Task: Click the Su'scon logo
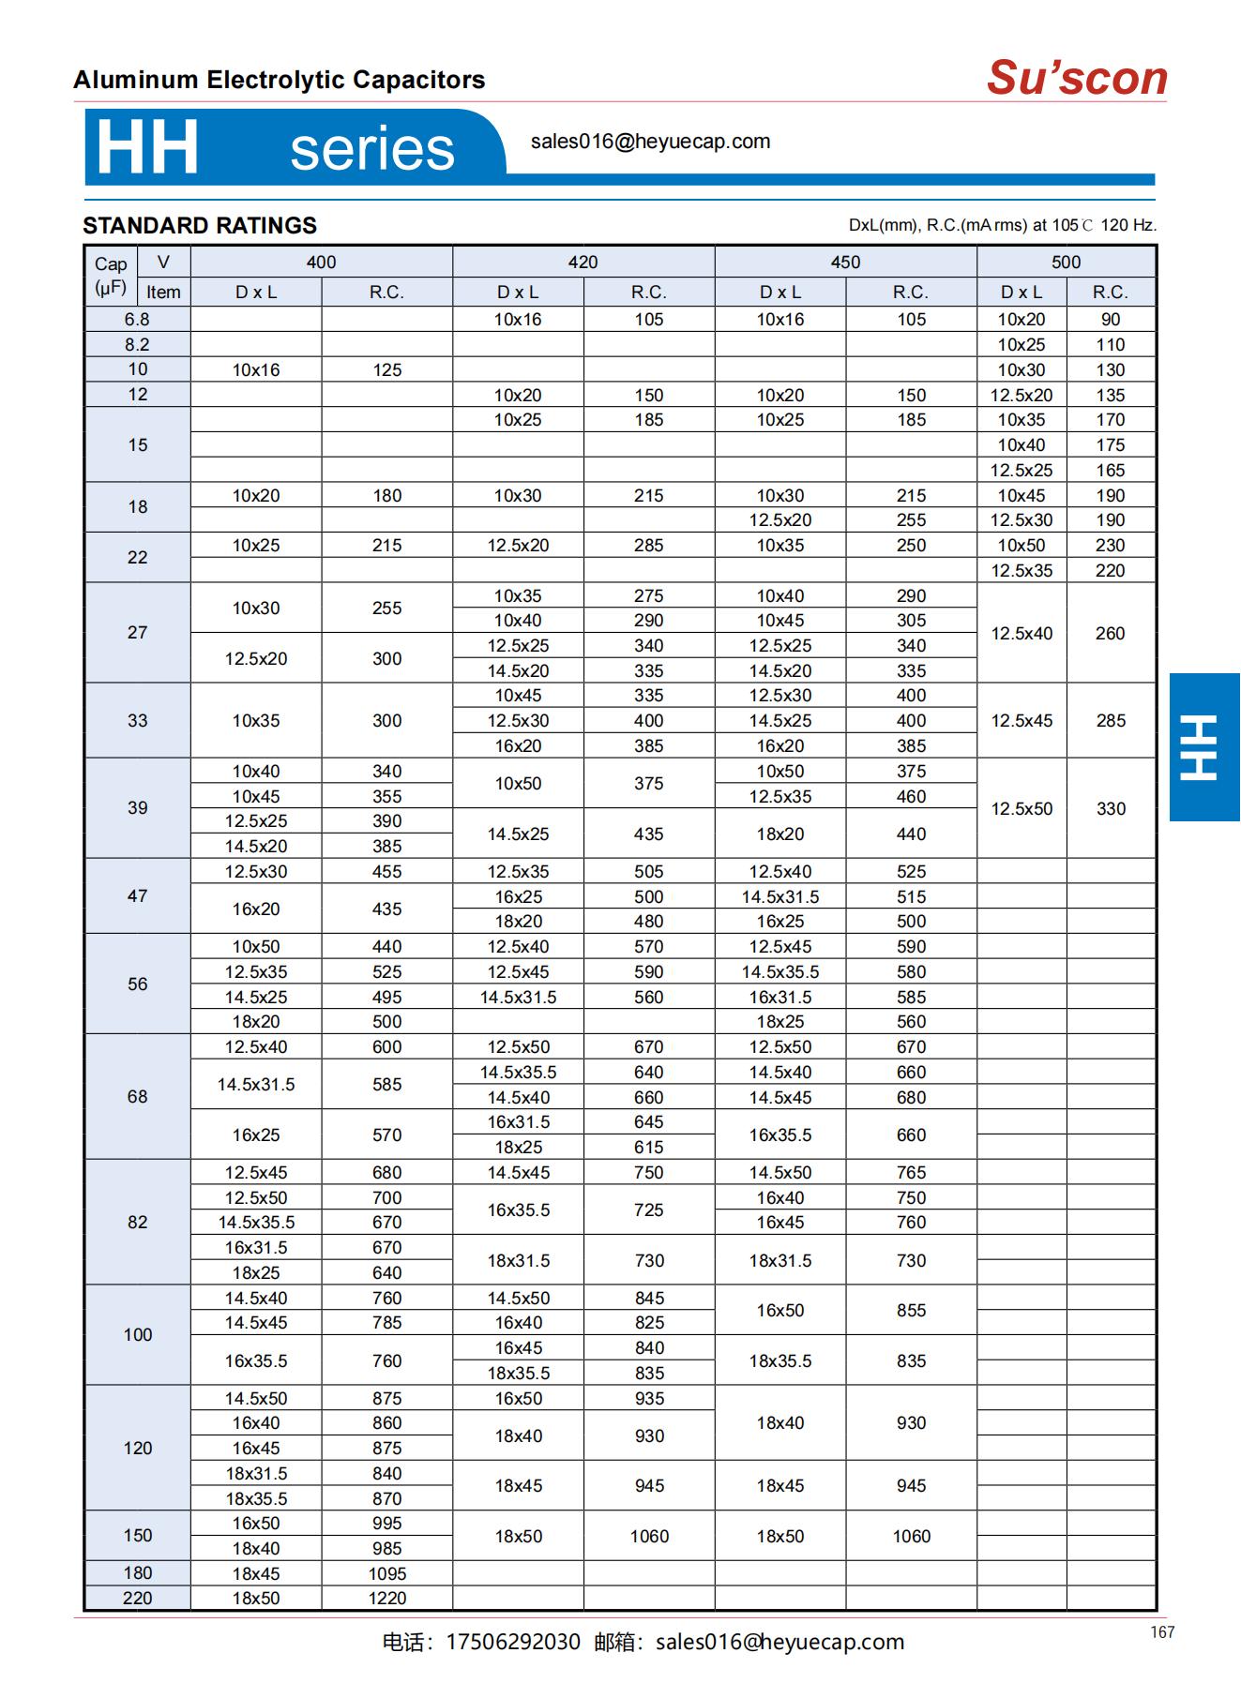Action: click(1076, 78)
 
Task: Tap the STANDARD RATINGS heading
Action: click(200, 226)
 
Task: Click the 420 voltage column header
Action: click(583, 263)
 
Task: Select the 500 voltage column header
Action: click(1066, 263)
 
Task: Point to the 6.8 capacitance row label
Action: click(137, 320)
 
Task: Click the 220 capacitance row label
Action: click(137, 1598)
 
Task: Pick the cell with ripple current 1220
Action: click(386, 1598)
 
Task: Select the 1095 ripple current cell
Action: click(386, 1573)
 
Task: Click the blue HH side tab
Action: click(1203, 746)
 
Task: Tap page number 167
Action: click(1162, 1632)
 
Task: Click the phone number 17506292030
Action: click(512, 1642)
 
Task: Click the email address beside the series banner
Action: click(650, 142)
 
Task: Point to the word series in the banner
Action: click(371, 149)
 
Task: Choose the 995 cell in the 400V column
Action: click(386, 1523)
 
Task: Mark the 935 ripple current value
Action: click(648, 1398)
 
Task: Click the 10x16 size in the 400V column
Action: click(256, 369)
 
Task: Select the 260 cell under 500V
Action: click(1110, 633)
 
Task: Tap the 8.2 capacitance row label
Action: click(137, 344)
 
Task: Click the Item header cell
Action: click(163, 292)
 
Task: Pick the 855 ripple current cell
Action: click(910, 1310)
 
